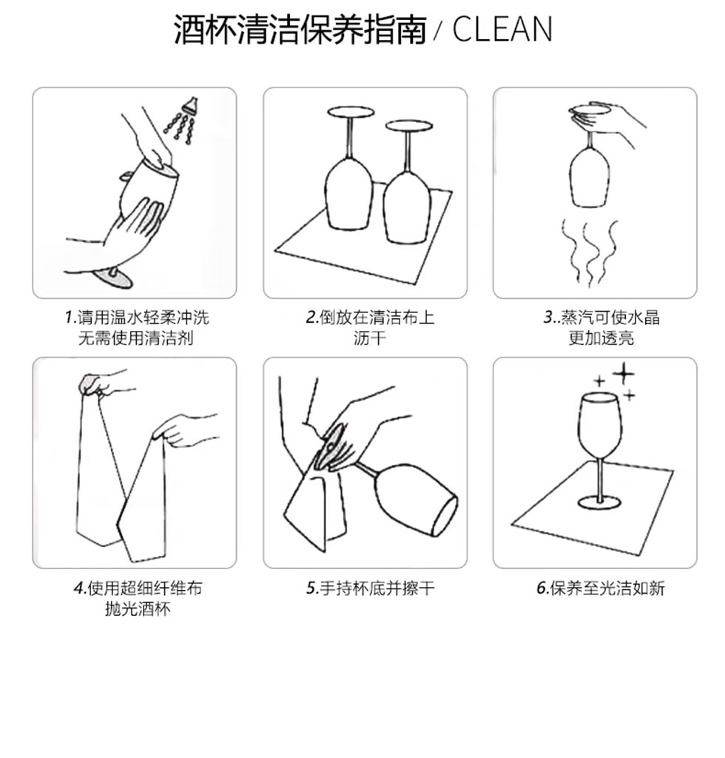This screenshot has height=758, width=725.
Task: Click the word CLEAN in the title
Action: (502, 29)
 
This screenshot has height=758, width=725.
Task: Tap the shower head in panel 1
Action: (190, 105)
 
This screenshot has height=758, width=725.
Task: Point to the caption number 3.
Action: (549, 318)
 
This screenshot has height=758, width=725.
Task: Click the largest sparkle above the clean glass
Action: (624, 373)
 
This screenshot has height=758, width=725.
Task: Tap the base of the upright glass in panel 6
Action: (599, 503)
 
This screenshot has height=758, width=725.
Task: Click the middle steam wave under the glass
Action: (590, 254)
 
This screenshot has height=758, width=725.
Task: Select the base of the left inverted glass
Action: (351, 113)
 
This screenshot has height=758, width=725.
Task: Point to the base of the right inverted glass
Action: (408, 126)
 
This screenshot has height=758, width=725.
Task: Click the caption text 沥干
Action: (369, 338)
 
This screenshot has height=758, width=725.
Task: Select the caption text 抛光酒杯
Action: (138, 608)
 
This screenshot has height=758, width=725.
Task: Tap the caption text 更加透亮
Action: (601, 338)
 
